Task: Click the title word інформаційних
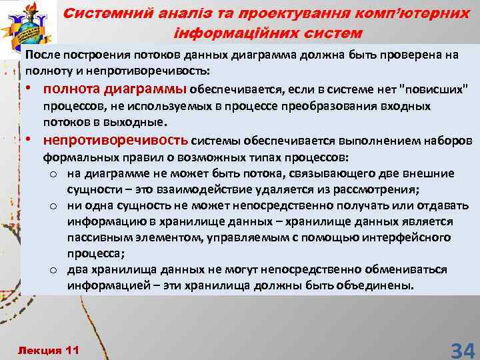point(229,33)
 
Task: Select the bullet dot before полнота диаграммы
point(31,89)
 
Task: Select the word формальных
point(74,158)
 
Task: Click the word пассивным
point(99,237)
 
